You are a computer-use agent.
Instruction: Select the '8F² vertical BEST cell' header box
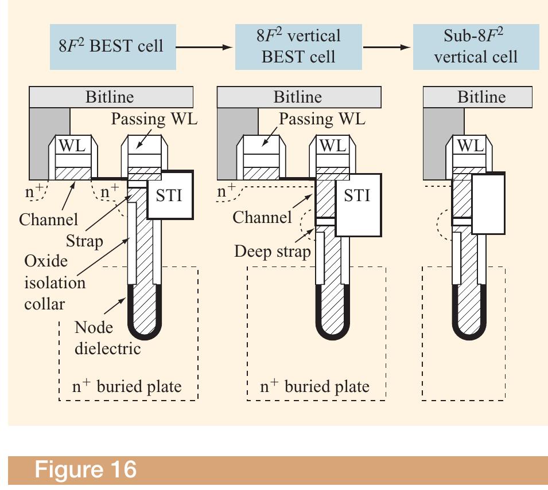pyautogui.click(x=298, y=46)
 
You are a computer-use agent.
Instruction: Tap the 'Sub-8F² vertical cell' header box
pyautogui.click(x=476, y=46)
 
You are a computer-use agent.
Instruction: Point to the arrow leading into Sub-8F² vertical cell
pyautogui.click(x=388, y=46)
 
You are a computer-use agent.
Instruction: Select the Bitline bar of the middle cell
pyautogui.click(x=298, y=97)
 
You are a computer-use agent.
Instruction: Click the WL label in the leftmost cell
pyautogui.click(x=72, y=146)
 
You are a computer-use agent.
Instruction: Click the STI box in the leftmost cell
pyautogui.click(x=169, y=195)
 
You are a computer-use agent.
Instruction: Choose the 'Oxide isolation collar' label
pyautogui.click(x=55, y=282)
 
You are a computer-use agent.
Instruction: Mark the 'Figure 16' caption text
pyautogui.click(x=86, y=469)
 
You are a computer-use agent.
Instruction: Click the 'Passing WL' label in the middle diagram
pyautogui.click(x=321, y=119)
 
